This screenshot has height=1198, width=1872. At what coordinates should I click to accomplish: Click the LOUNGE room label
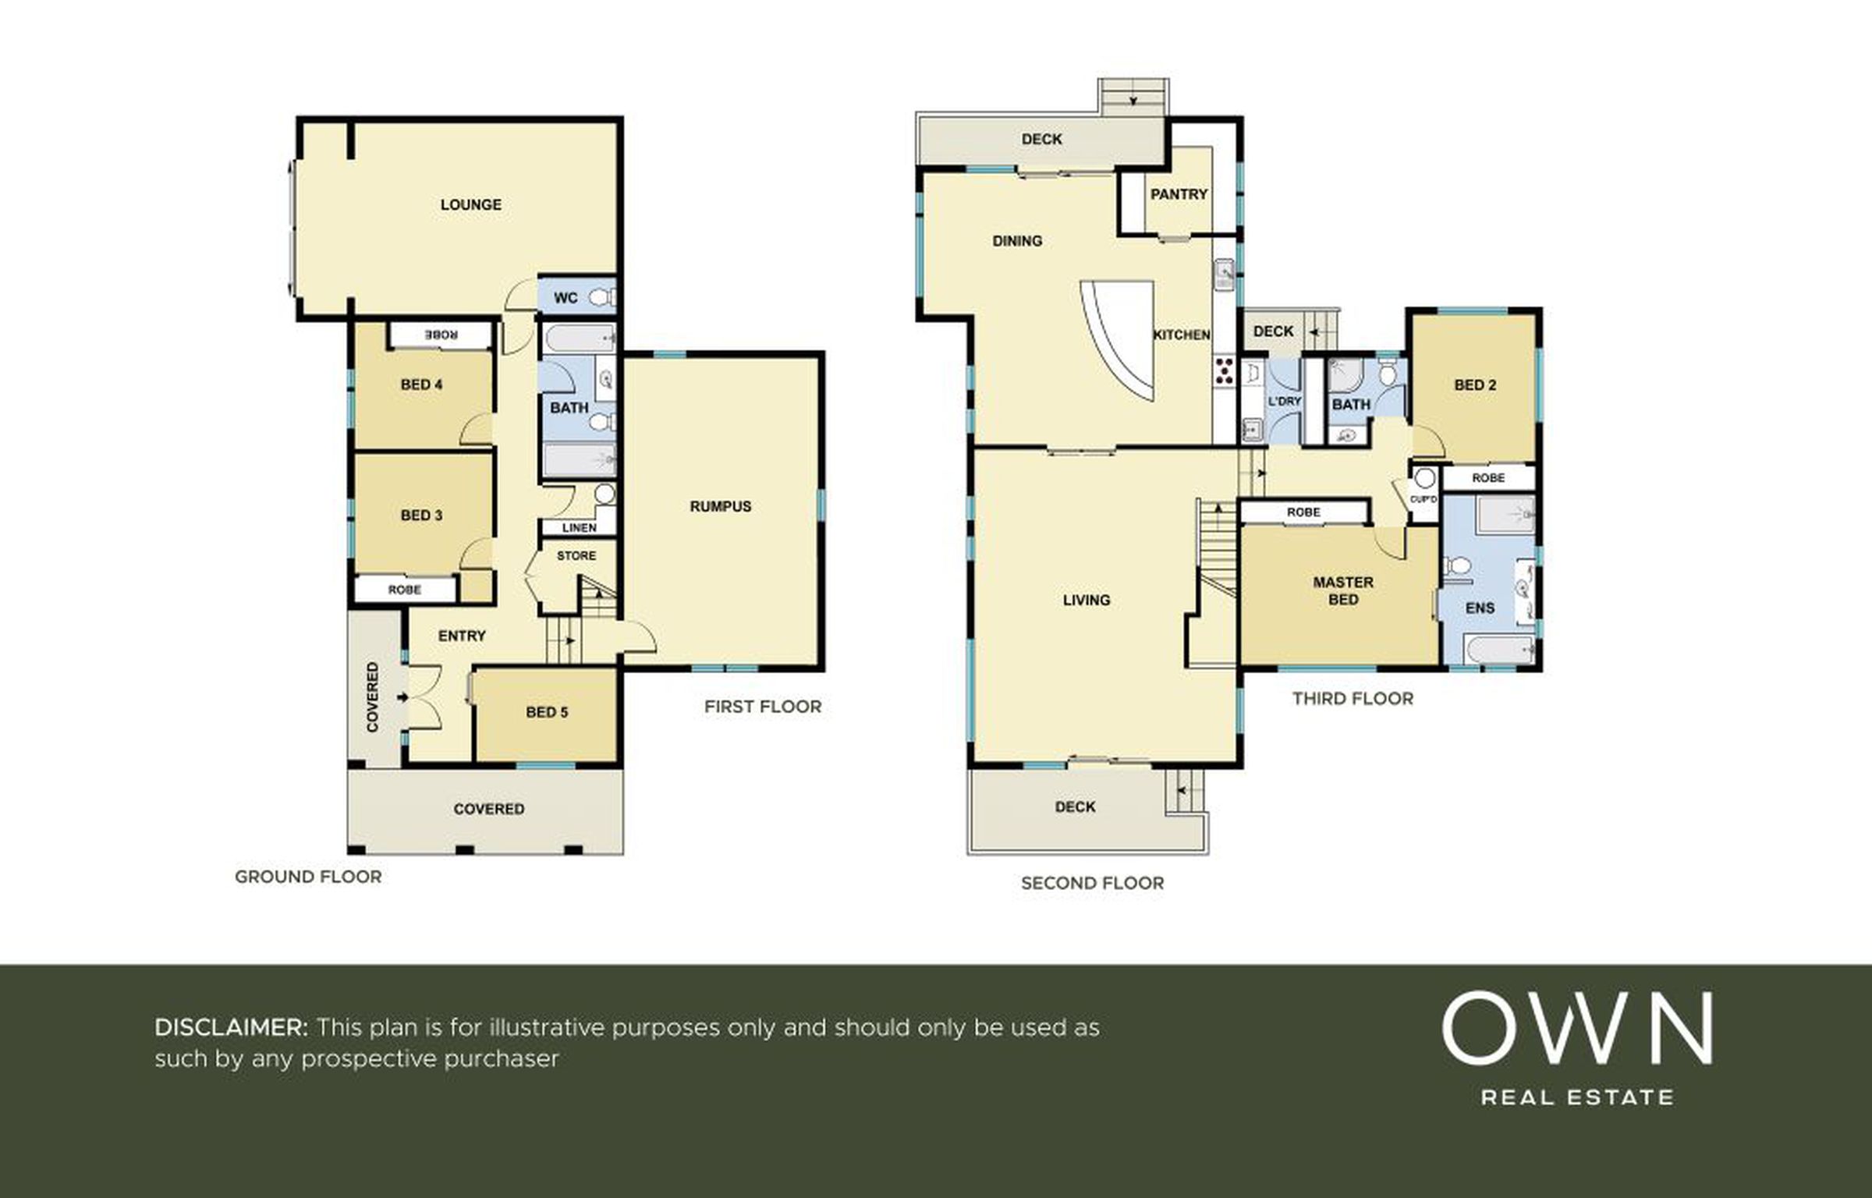pyautogui.click(x=470, y=204)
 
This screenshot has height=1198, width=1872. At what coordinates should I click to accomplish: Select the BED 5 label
pyautogui.click(x=547, y=712)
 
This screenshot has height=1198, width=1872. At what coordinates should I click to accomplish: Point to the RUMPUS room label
pyautogui.click(x=721, y=506)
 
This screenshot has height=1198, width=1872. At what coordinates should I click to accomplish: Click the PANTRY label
pyautogui.click(x=1179, y=194)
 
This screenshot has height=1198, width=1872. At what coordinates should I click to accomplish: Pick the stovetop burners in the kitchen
pyautogui.click(x=1224, y=370)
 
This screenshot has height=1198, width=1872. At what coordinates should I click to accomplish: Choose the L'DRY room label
pyautogui.click(x=1285, y=402)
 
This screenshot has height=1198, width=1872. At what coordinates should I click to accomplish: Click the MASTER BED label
pyautogui.click(x=1343, y=590)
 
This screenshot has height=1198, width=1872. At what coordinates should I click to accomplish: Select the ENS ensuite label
pyautogui.click(x=1480, y=608)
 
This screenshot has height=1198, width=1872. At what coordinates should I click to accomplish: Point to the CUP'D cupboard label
pyautogui.click(x=1423, y=499)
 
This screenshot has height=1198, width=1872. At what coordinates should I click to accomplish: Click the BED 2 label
pyautogui.click(x=1475, y=385)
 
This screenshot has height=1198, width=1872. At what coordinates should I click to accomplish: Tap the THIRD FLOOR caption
pyautogui.click(x=1353, y=699)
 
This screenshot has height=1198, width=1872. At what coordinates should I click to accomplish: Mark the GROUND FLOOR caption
pyautogui.click(x=308, y=877)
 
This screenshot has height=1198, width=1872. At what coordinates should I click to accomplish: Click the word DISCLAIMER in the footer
pyautogui.click(x=231, y=1027)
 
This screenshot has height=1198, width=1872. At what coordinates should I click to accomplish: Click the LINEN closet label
pyautogui.click(x=579, y=528)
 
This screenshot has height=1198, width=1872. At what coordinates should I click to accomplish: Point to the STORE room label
pyautogui.click(x=576, y=556)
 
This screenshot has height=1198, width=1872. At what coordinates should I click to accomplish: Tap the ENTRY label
pyautogui.click(x=462, y=636)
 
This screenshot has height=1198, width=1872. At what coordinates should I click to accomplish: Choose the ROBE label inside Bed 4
pyautogui.click(x=441, y=335)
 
